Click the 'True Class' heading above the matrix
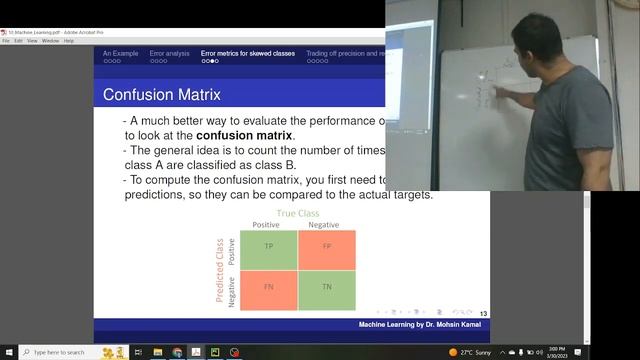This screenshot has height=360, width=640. [298, 213]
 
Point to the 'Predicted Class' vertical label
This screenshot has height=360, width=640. [220, 270]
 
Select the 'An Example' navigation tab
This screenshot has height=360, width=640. [121, 53]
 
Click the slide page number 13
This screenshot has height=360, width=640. [484, 313]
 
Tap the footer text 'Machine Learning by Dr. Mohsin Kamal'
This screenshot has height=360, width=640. [422, 326]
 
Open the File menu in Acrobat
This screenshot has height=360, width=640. [6, 41]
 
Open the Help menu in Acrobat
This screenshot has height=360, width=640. [69, 41]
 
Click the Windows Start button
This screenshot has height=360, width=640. [8, 352]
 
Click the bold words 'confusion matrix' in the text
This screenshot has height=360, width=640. [244, 135]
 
